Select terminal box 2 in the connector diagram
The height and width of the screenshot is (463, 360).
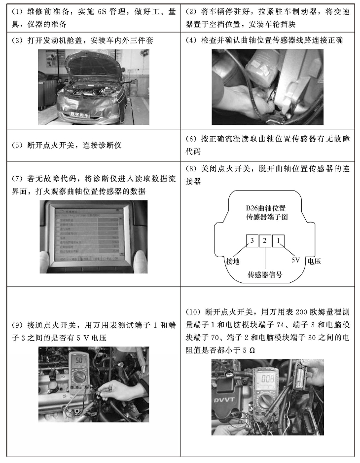[x=265, y=240]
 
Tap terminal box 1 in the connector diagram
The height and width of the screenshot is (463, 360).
[x=279, y=240]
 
